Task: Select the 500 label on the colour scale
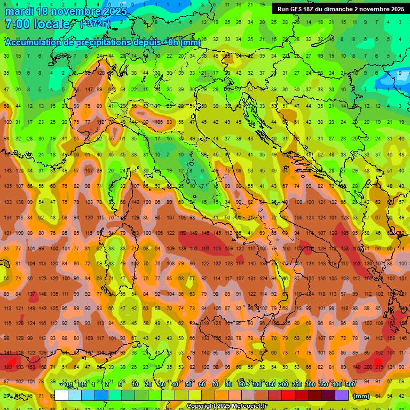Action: pyautogui.click(x=350, y=385)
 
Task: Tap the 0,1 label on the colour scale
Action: pyautogui.click(x=67, y=385)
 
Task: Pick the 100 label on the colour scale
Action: pyautogui.click(x=257, y=385)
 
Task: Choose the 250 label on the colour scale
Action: pyautogui.click(x=297, y=385)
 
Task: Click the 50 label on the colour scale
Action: pyautogui.click(x=188, y=385)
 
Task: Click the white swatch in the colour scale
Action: pyautogui.click(x=61, y=396)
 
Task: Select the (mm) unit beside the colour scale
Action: pyautogui.click(x=361, y=396)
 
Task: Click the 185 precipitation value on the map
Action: pyautogui.click(x=345, y=233)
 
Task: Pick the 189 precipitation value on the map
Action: pyautogui.click(x=7, y=367)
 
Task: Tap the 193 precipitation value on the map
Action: pyautogui.click(x=19, y=367)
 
